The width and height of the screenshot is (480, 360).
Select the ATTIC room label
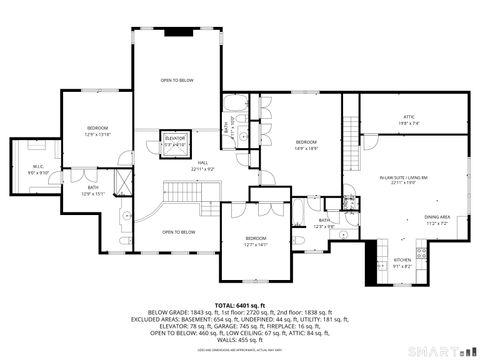click(x=408, y=119)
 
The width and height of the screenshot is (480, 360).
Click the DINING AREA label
click(x=436, y=220)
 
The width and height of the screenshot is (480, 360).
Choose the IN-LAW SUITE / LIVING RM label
click(x=403, y=180)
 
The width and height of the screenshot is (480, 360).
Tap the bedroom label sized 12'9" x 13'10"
click(x=97, y=131)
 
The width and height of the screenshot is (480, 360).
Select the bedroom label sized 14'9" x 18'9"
click(x=306, y=145)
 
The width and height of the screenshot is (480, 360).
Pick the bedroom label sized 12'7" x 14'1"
click(x=257, y=241)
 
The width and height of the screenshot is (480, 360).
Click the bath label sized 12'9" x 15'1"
click(x=92, y=190)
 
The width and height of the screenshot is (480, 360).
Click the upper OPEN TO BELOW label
click(x=177, y=80)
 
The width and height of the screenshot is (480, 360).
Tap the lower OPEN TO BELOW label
click(x=178, y=232)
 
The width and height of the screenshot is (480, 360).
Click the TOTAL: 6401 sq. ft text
click(x=239, y=304)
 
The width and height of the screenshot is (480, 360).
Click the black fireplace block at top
click(x=177, y=31)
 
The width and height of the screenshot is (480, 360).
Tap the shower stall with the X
click(x=124, y=180)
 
